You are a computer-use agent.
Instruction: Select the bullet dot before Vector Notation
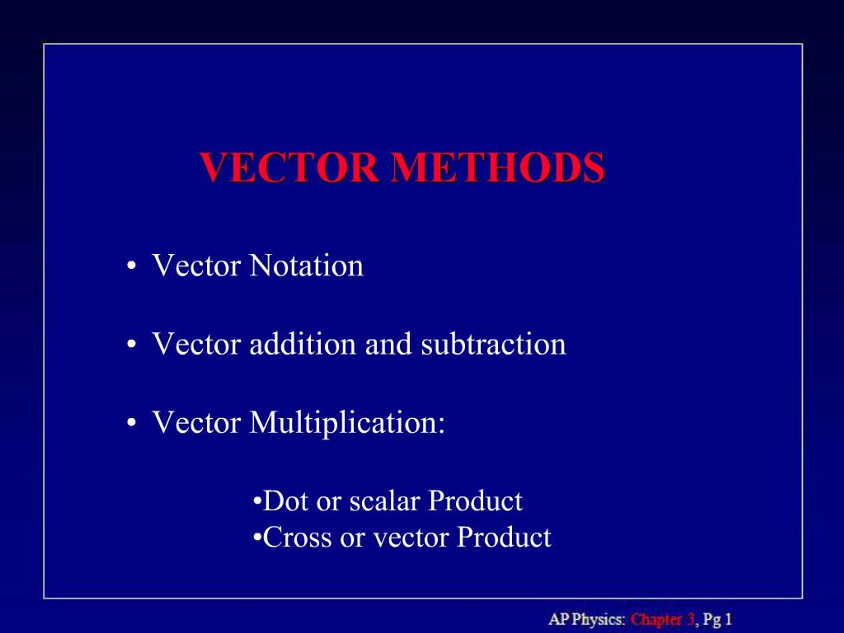click(x=131, y=266)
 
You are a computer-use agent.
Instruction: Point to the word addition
click(x=303, y=344)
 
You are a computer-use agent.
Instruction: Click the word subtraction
click(x=493, y=344)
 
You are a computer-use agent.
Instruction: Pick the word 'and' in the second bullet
click(x=388, y=344)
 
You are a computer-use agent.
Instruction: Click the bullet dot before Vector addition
click(x=131, y=345)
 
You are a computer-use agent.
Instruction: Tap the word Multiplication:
click(x=347, y=423)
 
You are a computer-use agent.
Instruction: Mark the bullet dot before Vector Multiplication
click(x=131, y=423)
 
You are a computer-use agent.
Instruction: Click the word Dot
click(x=285, y=501)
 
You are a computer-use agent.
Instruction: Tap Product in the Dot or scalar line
click(x=475, y=501)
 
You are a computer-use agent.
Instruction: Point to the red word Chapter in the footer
click(x=655, y=619)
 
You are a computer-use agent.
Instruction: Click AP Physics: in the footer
click(x=587, y=619)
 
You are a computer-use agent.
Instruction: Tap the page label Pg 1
click(x=717, y=619)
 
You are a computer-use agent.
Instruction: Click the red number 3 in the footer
click(x=690, y=619)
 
